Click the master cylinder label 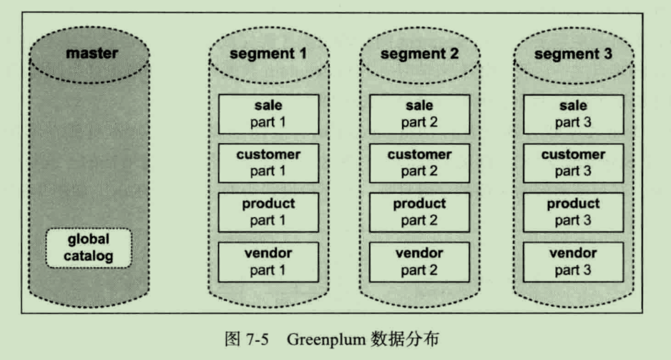click(92, 53)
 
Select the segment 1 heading click(268, 54)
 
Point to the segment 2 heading click(419, 54)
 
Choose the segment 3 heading click(573, 54)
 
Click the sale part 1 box click(268, 114)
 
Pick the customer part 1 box click(268, 162)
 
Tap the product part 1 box click(268, 212)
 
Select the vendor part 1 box click(268, 261)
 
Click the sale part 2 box click(419, 114)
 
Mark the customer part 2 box click(419, 162)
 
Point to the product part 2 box click(419, 212)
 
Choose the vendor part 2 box click(419, 261)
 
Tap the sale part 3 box click(573, 114)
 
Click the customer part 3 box click(573, 162)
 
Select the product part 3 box click(573, 212)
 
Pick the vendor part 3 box click(573, 261)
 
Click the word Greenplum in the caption click(326, 339)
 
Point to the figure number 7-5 click(256, 339)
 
